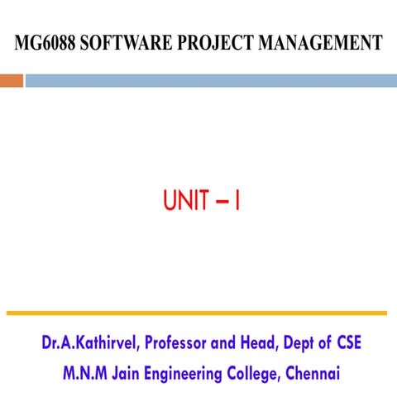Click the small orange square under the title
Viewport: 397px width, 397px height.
[11, 80]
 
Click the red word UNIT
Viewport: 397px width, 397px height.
[184, 201]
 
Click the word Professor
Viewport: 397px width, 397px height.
[184, 342]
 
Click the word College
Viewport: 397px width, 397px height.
[263, 373]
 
